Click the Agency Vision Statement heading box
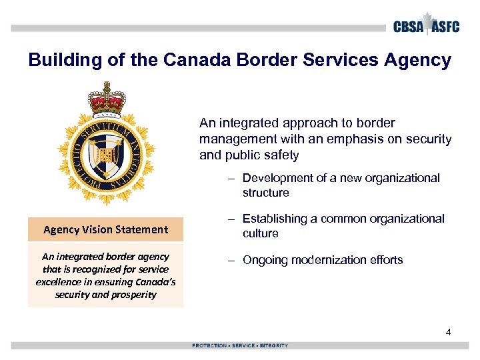coord(105,229)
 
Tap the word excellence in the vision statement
coord(59,281)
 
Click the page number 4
coord(449,332)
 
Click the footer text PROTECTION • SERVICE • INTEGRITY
coord(240,345)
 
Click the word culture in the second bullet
coord(261,233)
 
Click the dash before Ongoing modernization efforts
coord(230,260)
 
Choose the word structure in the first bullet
coord(265,193)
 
